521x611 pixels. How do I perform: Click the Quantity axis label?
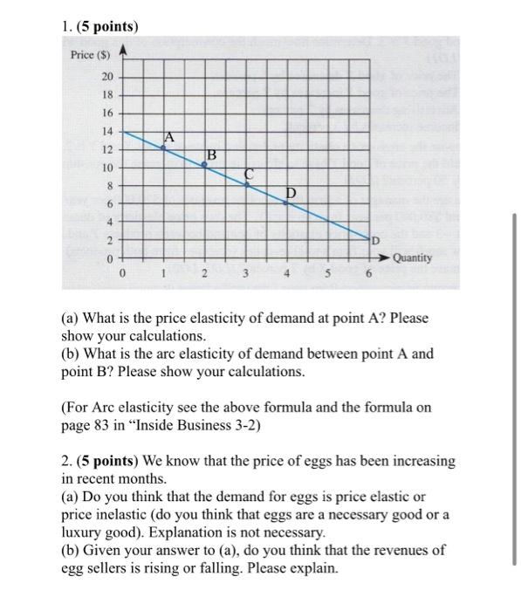[x=412, y=257]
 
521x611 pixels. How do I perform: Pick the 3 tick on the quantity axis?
[x=246, y=275]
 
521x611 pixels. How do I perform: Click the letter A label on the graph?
[x=169, y=136]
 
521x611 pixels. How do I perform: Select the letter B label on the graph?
[x=210, y=155]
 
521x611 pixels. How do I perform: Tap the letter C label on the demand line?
[x=250, y=173]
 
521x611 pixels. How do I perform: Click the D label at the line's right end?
[x=375, y=240]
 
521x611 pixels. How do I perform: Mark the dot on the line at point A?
[x=163, y=148]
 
